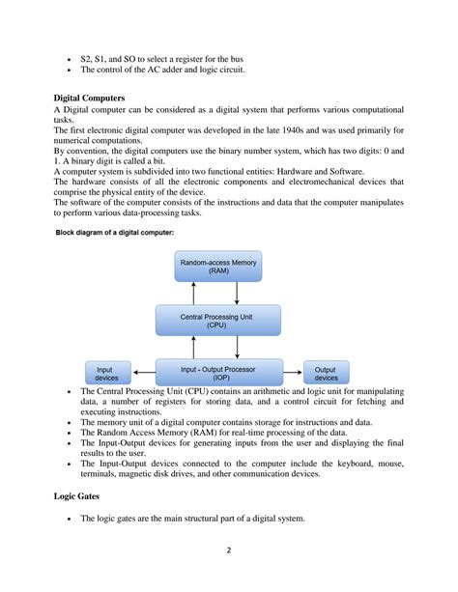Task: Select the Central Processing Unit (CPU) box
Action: (218, 320)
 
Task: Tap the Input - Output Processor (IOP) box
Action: (218, 372)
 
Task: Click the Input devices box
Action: (106, 373)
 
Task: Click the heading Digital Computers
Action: (94, 99)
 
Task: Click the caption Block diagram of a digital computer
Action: (114, 233)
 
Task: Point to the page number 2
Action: (229, 552)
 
